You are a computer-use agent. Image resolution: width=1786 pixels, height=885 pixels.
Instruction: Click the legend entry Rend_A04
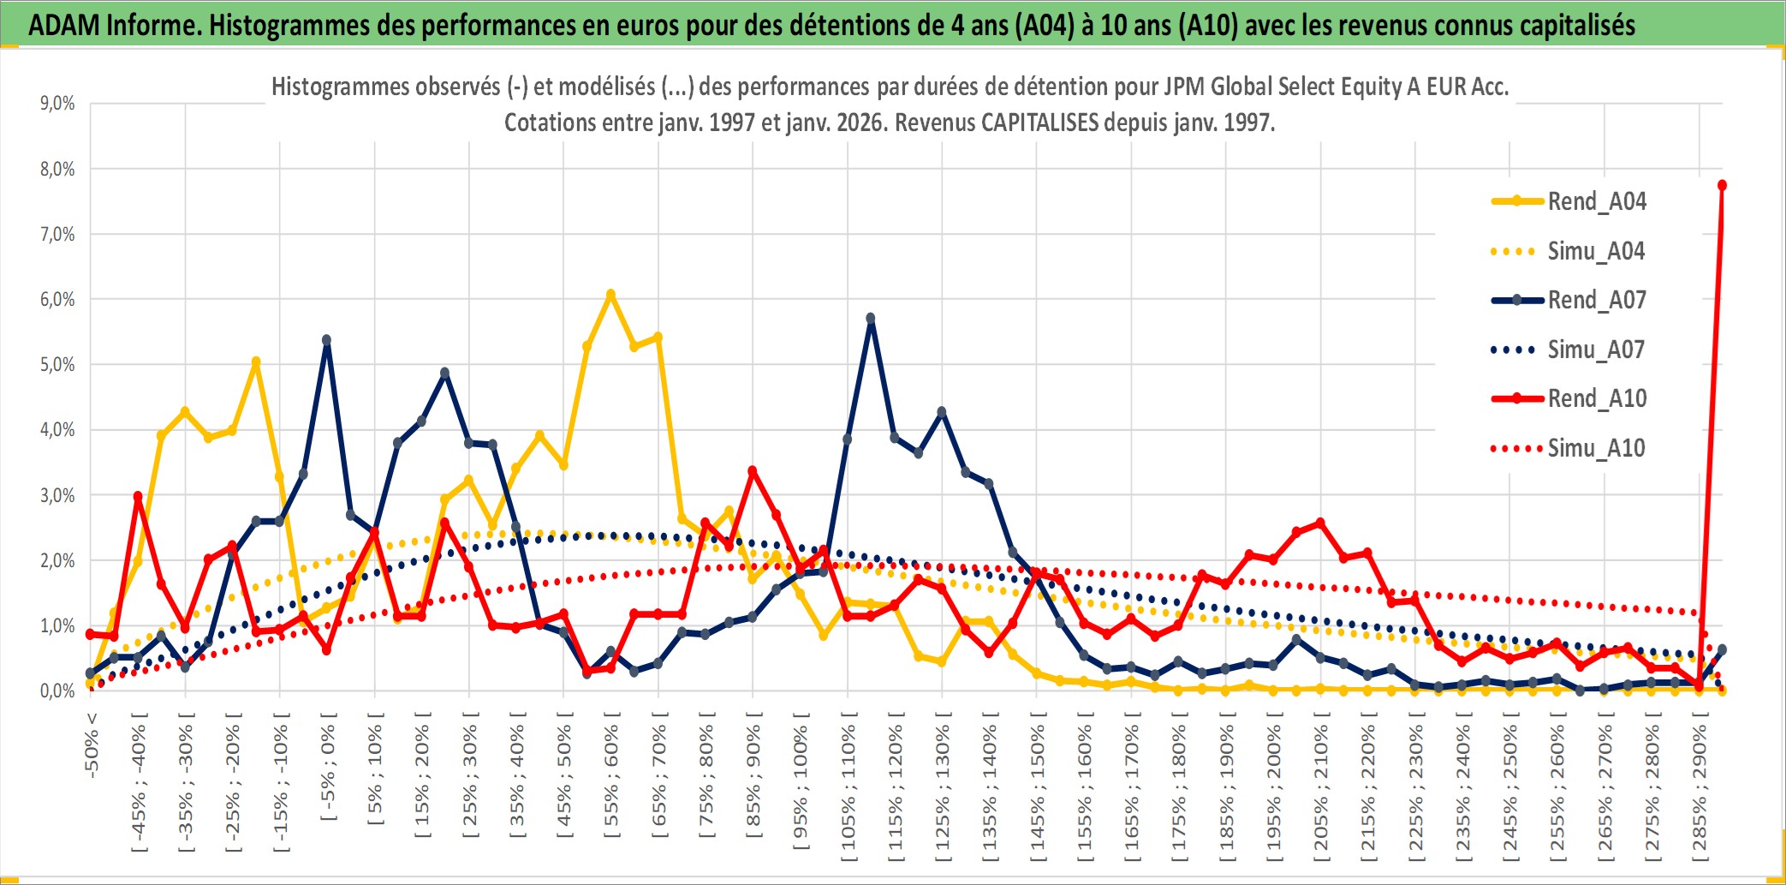[x=1596, y=201]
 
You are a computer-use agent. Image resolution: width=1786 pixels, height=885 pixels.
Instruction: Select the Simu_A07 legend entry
[x=1596, y=350]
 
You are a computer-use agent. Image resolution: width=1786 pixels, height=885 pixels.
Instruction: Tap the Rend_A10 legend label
[x=1597, y=398]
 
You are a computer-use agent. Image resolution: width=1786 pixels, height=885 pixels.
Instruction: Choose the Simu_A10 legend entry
[x=1596, y=448]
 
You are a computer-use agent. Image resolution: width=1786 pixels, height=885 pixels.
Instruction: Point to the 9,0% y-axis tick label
[x=57, y=104]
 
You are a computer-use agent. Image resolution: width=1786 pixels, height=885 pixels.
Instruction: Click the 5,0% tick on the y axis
[x=57, y=365]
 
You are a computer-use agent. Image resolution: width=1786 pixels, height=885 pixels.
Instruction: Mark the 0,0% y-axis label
[x=57, y=691]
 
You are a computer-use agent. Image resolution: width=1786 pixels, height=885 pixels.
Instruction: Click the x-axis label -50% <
[x=92, y=744]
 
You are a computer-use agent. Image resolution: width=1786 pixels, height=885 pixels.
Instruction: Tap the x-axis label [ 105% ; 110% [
[x=848, y=788]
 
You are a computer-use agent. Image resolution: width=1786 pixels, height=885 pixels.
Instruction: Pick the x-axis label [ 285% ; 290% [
[x=1699, y=788]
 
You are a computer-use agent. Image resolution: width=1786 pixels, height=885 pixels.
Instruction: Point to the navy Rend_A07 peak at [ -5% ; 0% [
[x=326, y=340]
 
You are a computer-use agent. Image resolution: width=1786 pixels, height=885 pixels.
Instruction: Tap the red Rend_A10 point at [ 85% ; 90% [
[x=753, y=471]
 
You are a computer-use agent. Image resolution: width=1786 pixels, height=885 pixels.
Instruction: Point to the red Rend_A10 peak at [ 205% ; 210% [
[x=1319, y=523]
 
